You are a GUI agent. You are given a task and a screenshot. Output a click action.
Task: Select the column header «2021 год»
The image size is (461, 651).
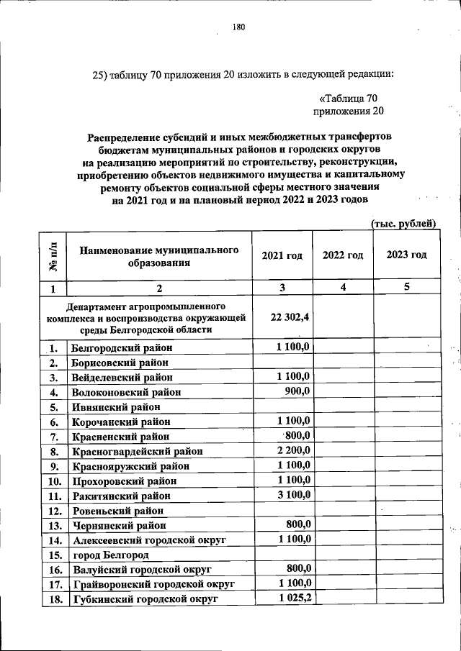(x=282, y=255)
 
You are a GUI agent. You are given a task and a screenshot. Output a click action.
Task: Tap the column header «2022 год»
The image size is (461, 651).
(x=343, y=255)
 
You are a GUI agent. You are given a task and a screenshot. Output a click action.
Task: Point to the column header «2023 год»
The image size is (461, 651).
(x=406, y=255)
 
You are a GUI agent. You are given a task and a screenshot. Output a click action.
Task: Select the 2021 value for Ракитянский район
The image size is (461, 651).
(x=294, y=494)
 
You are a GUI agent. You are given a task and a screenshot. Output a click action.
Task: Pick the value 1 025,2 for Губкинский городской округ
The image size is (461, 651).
(x=294, y=597)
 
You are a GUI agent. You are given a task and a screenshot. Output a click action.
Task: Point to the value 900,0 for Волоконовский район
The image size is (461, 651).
(x=297, y=391)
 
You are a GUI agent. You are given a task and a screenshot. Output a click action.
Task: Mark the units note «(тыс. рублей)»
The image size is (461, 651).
(x=403, y=224)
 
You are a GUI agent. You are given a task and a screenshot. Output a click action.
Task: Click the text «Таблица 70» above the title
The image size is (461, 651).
(x=349, y=99)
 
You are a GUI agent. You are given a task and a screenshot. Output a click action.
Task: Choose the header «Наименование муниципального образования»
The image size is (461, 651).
(x=159, y=256)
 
